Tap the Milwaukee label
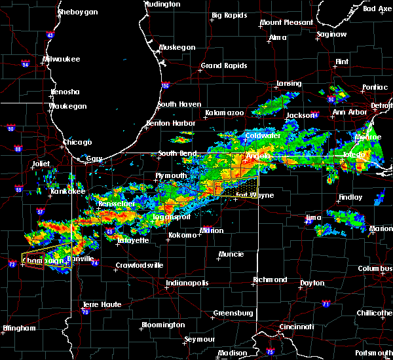(61, 59)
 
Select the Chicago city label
(77, 142)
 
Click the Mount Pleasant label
(286, 22)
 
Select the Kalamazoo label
(224, 113)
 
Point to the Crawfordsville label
(138, 265)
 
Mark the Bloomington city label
(163, 325)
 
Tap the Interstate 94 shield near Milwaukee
(26, 64)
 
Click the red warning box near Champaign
(34, 261)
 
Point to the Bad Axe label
(377, 9)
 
